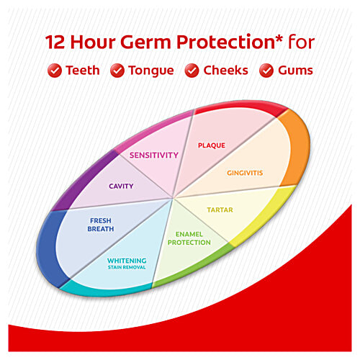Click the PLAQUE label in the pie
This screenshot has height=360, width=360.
coord(212,145)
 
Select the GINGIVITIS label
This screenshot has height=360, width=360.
coord(246,174)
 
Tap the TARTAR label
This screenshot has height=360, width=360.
coord(220,210)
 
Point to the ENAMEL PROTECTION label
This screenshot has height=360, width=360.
coord(189,238)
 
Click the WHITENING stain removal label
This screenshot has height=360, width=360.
coord(127,263)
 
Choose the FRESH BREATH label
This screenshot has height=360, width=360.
coord(101,225)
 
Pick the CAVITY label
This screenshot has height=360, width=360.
coord(121,186)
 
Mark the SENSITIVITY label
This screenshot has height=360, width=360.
coord(153,155)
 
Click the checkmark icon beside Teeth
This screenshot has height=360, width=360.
coord(53,71)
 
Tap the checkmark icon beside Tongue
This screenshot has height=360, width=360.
coord(117,71)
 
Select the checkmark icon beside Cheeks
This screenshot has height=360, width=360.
coord(192,71)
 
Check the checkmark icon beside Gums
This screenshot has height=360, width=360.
coord(266,71)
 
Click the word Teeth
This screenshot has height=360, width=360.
coord(83,71)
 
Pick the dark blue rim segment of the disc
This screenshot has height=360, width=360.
coord(48,248)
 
